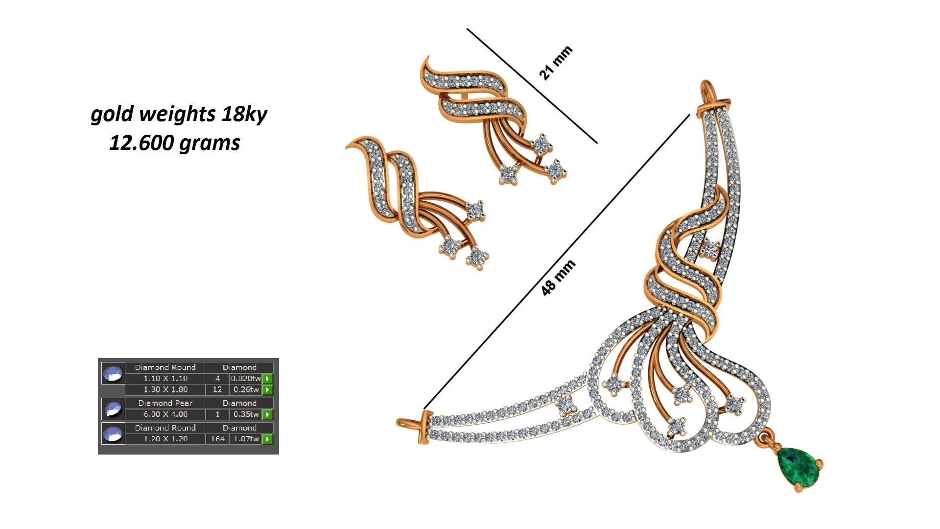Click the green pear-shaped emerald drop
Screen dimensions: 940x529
[x=798, y=467]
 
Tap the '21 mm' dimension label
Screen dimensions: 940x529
[x=555, y=63]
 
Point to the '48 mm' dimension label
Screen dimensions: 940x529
[x=558, y=278]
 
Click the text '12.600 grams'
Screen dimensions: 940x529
[x=174, y=143]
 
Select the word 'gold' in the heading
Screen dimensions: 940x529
[x=112, y=114]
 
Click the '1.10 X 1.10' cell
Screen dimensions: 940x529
[x=165, y=379]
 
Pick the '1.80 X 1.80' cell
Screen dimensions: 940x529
[x=165, y=390]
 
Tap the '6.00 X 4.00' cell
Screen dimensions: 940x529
[x=165, y=414]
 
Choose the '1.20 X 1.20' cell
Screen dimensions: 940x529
[x=165, y=439]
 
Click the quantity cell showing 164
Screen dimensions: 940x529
[x=217, y=439]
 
